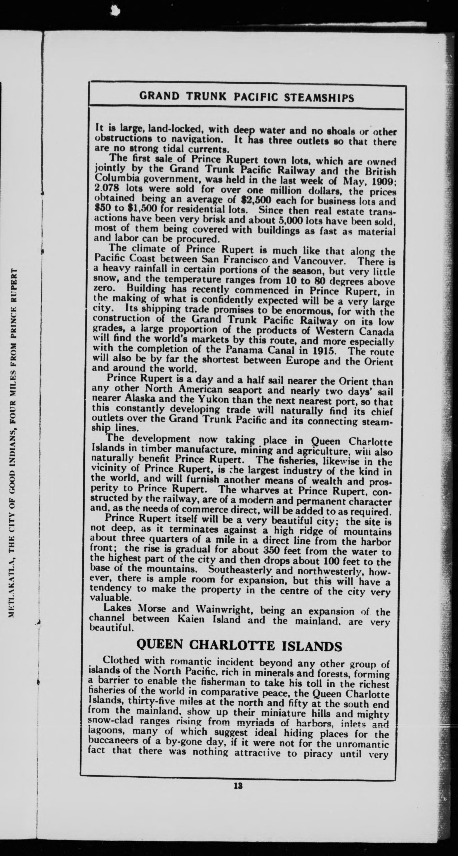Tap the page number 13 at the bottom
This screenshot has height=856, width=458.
pyautogui.click(x=238, y=786)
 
